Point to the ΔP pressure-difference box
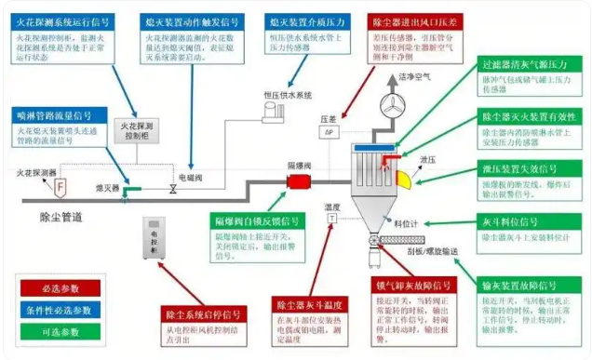point(329,132)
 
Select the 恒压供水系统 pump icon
point(276,110)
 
